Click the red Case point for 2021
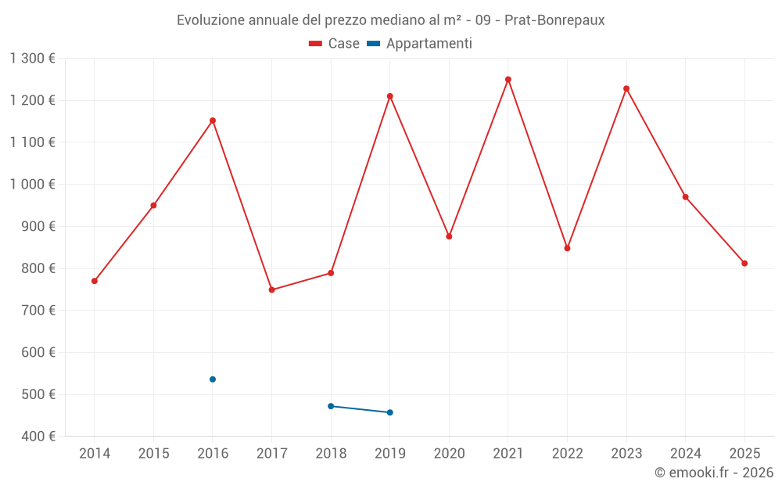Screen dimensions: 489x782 coord(508,79)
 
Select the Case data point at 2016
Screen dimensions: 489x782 coord(213,120)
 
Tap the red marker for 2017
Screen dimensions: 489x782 coord(271,289)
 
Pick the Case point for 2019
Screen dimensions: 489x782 coord(389,96)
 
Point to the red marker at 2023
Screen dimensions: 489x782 coord(626,88)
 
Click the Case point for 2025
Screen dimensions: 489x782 coord(744,263)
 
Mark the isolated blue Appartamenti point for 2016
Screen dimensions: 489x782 coord(213,379)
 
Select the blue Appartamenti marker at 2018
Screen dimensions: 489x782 coord(331,406)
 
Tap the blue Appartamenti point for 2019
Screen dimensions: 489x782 coord(389,412)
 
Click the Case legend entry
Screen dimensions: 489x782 coord(335,44)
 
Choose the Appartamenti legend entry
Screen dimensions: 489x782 coord(419,44)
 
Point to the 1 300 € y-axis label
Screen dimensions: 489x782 coord(32,58)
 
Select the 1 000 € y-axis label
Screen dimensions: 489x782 coord(32,184)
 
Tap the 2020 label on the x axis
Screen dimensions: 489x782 coord(449,453)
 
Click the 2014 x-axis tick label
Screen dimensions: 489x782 coord(95,453)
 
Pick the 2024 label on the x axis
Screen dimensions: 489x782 coord(685,453)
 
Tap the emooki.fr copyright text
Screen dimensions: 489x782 coord(713,473)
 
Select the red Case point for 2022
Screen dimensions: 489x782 coord(567,248)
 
